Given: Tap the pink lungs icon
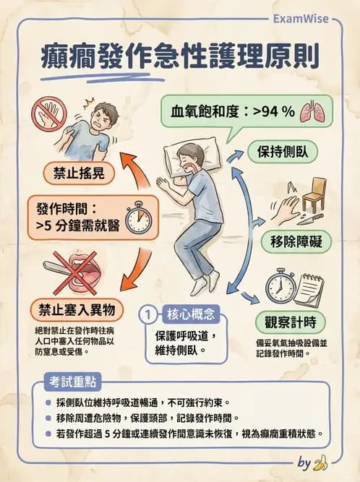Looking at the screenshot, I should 312,111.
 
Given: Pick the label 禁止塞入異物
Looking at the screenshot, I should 70,309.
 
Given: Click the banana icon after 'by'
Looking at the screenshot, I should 321,462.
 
